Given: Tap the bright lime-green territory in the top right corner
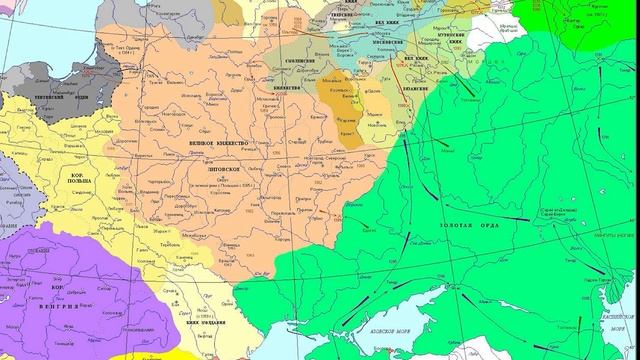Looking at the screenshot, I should pyautogui.click(x=600, y=20).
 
